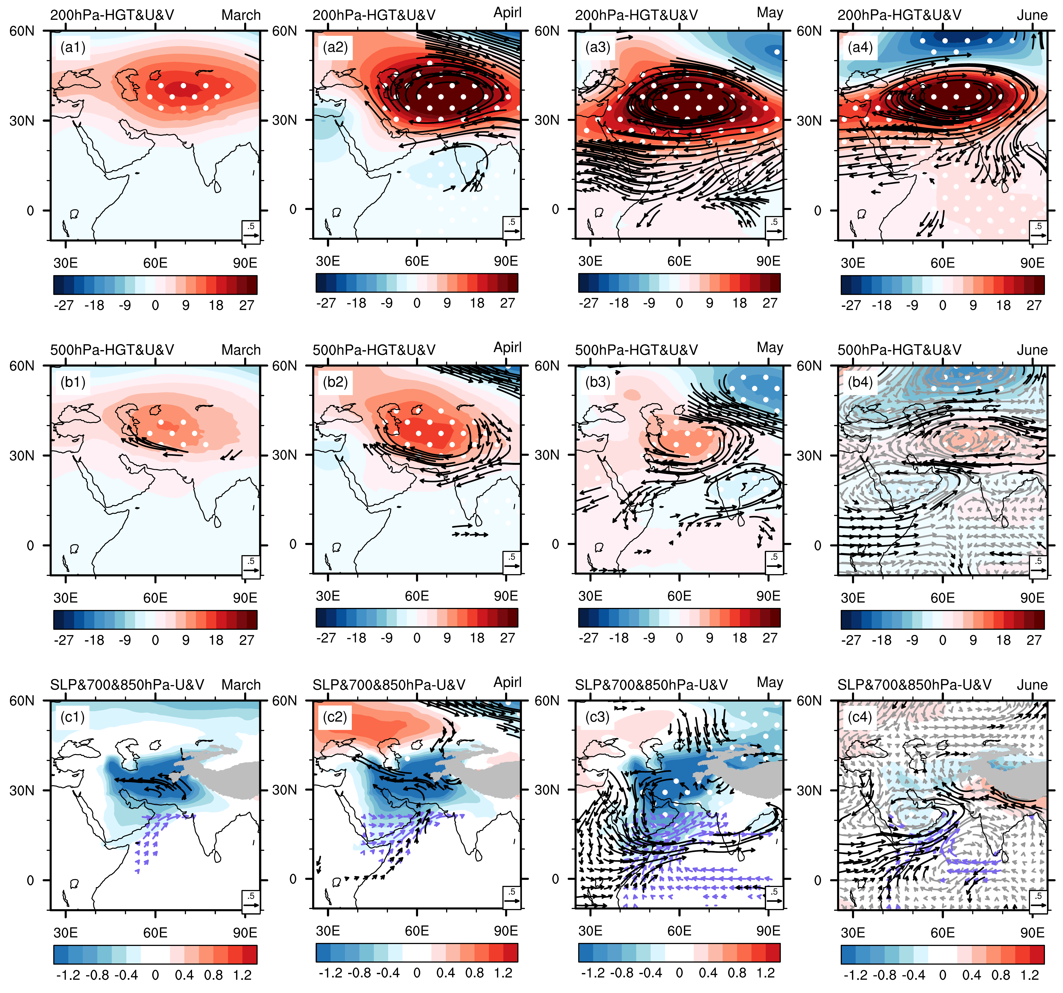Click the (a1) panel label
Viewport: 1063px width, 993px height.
(73, 48)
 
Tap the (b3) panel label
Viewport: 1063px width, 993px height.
(598, 382)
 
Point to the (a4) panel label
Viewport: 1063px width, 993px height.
(860, 48)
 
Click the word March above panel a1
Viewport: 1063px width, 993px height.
(241, 15)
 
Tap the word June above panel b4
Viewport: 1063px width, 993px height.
(1032, 350)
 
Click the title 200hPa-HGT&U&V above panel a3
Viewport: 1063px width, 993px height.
(636, 15)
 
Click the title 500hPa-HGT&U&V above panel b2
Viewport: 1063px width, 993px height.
(374, 350)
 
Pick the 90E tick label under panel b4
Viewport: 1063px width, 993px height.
(1032, 597)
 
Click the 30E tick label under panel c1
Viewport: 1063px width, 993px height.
(65, 933)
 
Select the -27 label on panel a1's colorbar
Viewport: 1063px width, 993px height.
(64, 305)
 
